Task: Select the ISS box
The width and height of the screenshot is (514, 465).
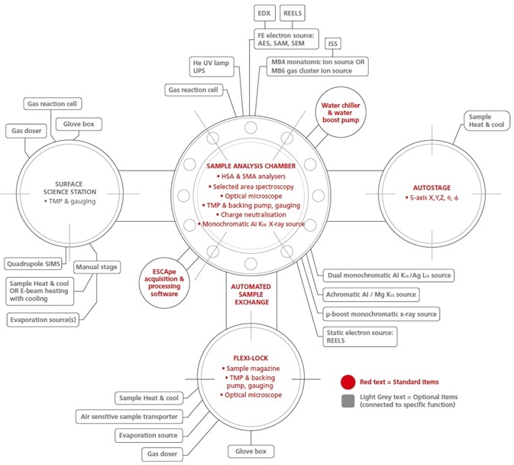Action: [x=335, y=44]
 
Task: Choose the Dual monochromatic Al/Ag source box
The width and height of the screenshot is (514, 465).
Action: [x=385, y=273]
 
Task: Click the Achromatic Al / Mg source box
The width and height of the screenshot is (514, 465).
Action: [x=371, y=294]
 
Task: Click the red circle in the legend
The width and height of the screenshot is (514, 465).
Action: [x=347, y=380]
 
